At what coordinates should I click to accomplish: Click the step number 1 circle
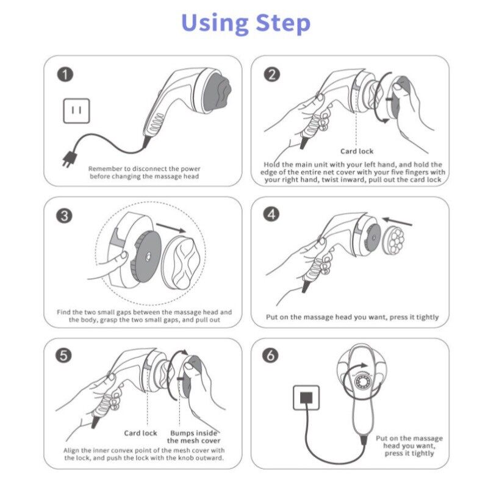pos(65,75)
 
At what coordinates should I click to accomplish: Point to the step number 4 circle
pos(271,215)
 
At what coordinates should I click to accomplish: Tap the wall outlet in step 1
pos(77,111)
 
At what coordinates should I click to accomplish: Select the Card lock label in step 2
pos(357,151)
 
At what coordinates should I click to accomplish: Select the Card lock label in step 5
pos(140,433)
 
